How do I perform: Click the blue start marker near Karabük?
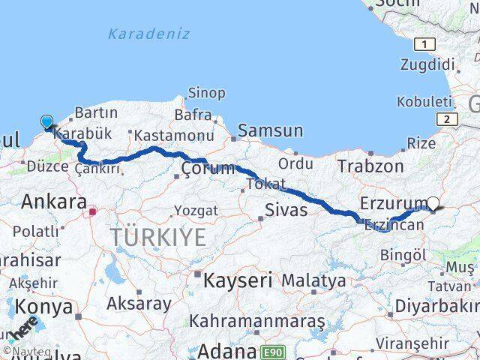46,121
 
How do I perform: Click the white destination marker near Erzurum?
434,202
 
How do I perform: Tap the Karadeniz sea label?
148,34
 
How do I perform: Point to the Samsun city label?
271,130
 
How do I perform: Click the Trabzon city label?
370,166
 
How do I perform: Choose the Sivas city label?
286,209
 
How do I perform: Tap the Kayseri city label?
238,280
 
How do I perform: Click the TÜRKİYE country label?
158,238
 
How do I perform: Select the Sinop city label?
205,93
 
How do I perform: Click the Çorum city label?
208,168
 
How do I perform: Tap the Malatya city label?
313,280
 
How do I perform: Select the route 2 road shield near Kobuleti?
447,119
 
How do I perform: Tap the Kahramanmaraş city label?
256,321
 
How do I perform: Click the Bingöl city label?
402,255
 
